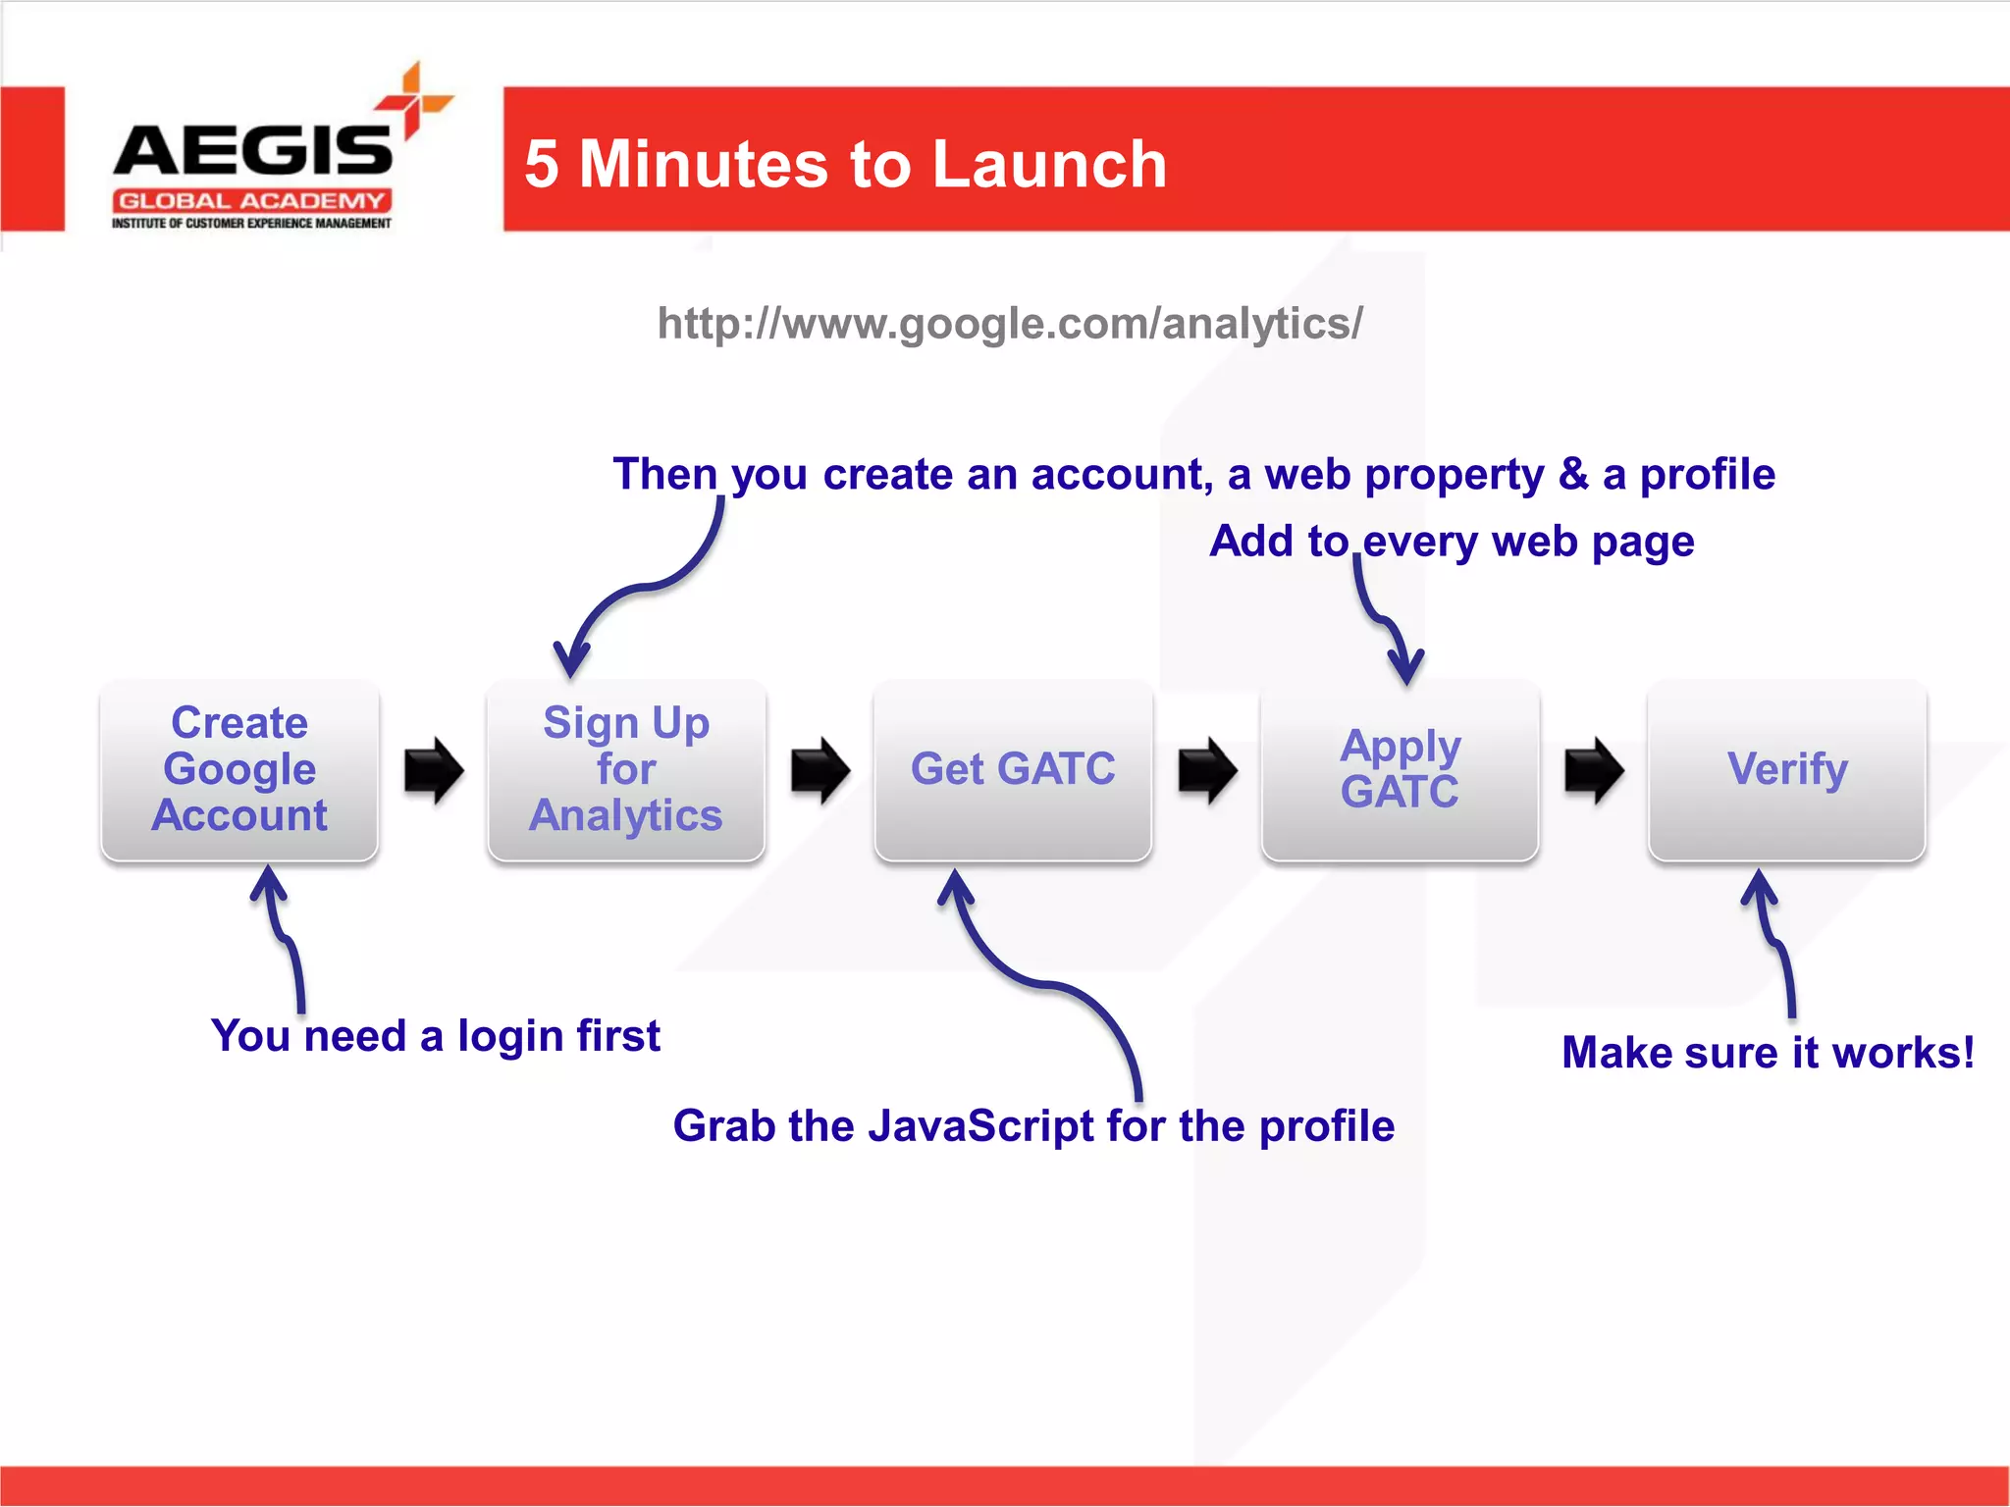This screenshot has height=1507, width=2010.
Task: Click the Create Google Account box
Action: click(238, 770)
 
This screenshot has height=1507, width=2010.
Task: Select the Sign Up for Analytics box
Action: click(625, 770)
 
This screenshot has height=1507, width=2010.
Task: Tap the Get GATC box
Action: click(1012, 770)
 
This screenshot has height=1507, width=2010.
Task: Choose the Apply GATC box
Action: click(1400, 770)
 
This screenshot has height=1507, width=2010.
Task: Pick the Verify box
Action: click(1786, 770)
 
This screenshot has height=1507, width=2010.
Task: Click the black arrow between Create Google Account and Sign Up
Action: click(433, 770)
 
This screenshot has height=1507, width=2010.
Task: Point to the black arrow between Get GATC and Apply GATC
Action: click(1207, 770)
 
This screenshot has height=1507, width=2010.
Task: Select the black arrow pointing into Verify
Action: click(1594, 770)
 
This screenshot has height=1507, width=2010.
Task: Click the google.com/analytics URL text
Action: click(1010, 324)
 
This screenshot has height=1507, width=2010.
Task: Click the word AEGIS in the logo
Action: click(253, 152)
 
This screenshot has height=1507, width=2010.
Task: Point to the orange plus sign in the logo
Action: click(414, 100)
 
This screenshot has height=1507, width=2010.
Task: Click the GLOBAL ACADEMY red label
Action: click(252, 201)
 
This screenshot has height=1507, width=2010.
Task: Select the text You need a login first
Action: click(435, 1036)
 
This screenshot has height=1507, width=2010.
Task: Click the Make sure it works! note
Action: click(1767, 1053)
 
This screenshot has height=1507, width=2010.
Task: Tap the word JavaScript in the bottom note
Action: click(980, 1125)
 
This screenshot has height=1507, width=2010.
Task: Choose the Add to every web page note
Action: click(1452, 542)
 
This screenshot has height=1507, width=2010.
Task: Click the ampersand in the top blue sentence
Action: click(1573, 475)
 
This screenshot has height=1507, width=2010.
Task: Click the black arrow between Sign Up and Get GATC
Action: click(820, 770)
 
